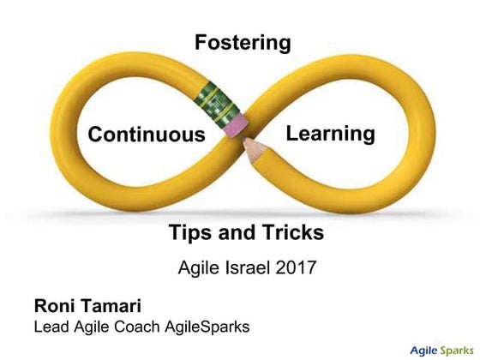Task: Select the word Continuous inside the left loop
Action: point(147,135)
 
